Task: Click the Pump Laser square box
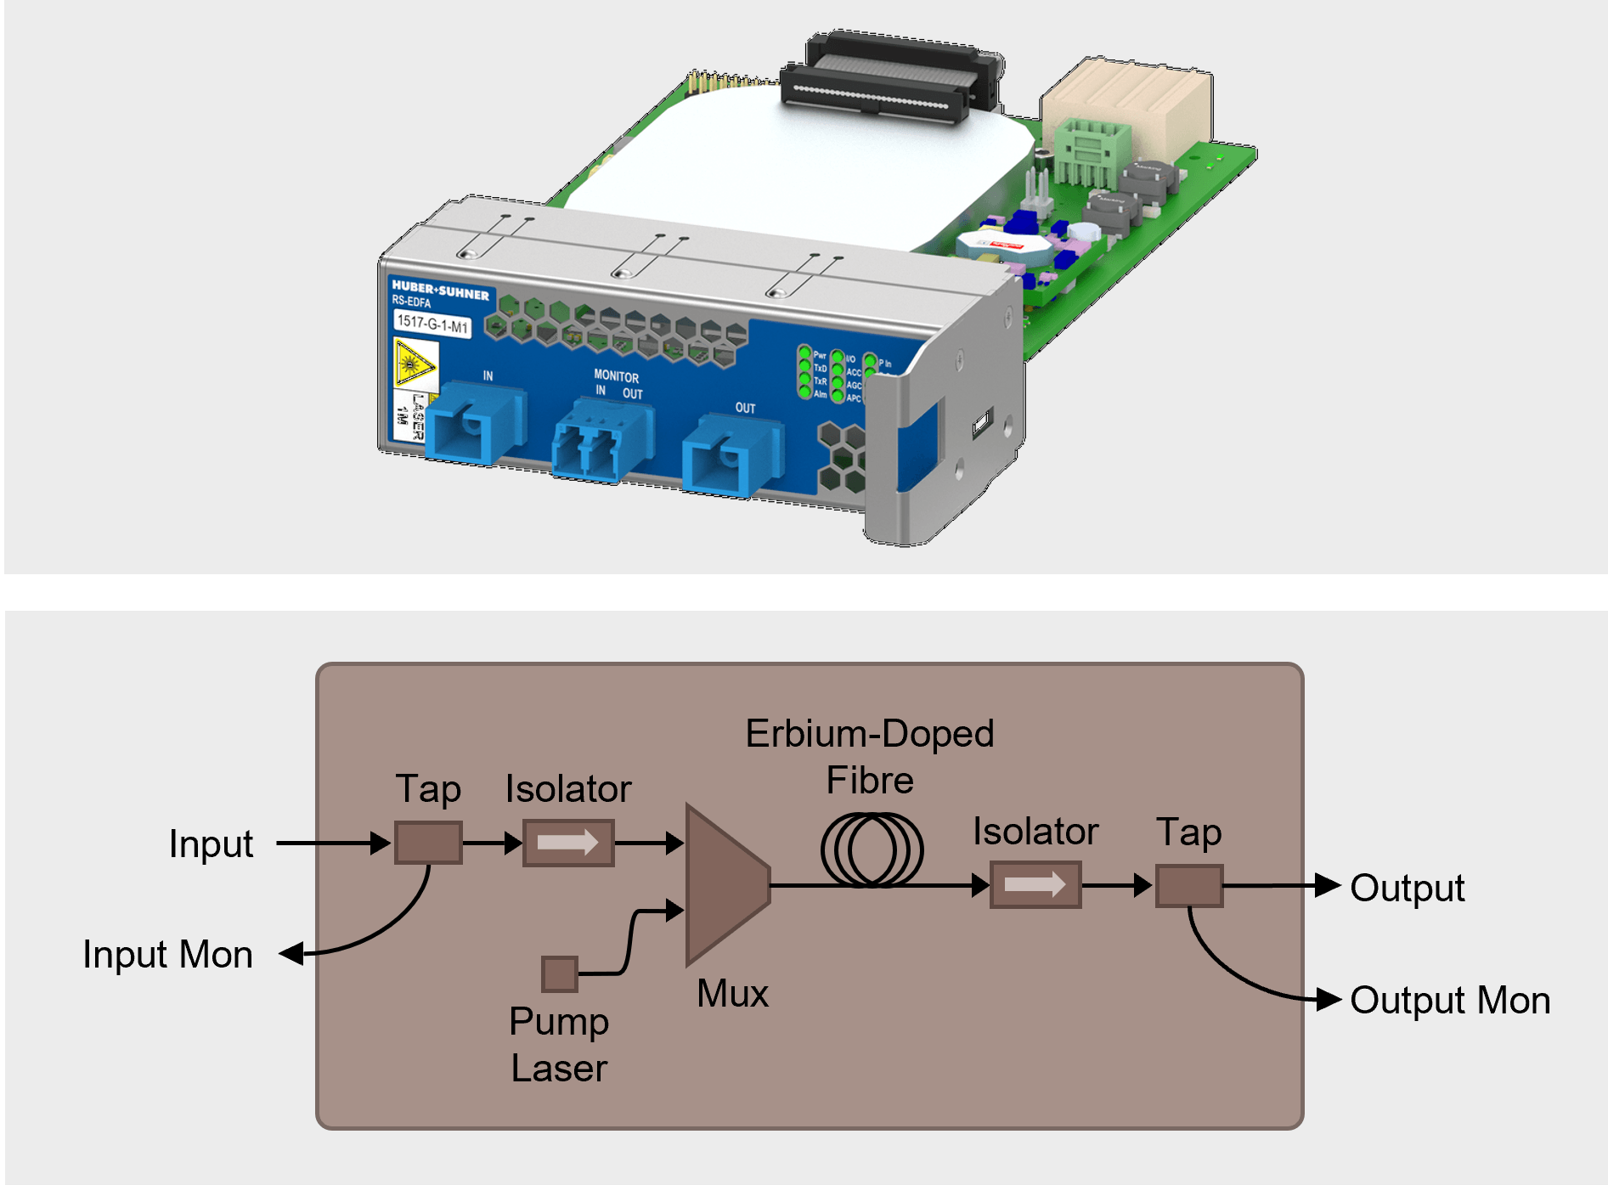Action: (x=560, y=973)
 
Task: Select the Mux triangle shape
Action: (x=722, y=884)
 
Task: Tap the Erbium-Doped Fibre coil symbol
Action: (x=872, y=850)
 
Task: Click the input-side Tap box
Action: (x=428, y=843)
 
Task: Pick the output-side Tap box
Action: (x=1188, y=886)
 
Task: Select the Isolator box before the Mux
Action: (x=568, y=843)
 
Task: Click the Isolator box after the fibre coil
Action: (x=1035, y=885)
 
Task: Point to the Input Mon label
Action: (x=167, y=955)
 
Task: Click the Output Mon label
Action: (x=1449, y=1001)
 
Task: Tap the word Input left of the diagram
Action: (x=211, y=844)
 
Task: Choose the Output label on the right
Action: (x=1407, y=889)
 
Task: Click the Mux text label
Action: (x=732, y=994)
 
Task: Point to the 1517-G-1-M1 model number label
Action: (x=432, y=324)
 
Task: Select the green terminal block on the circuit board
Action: (x=1091, y=151)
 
